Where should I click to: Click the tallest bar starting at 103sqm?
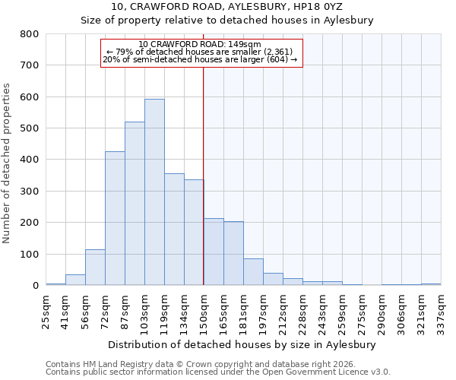click(154, 192)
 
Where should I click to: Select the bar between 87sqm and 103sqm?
click(135, 204)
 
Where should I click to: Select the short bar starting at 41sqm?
click(75, 280)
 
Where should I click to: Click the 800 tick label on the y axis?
click(29, 34)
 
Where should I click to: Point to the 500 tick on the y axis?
click(29, 128)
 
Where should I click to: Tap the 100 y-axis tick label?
click(29, 254)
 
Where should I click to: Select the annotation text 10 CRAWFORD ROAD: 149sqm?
click(201, 44)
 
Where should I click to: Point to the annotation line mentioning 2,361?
click(201, 52)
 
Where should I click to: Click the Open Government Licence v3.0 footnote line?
click(218, 372)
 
